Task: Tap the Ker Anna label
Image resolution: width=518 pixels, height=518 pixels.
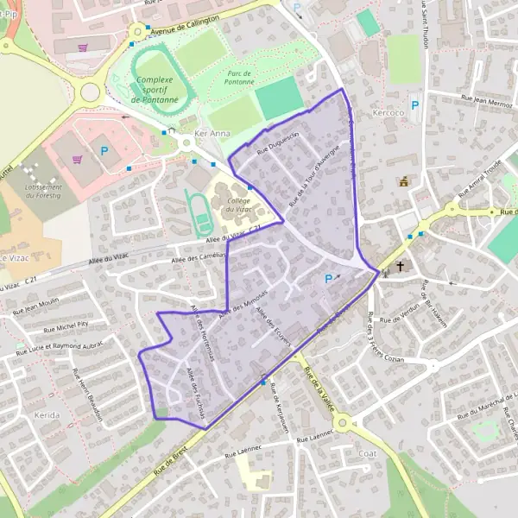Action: pos(212,134)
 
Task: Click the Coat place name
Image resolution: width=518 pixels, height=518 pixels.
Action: pos(366,452)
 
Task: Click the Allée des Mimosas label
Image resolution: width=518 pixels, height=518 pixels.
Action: pos(244,303)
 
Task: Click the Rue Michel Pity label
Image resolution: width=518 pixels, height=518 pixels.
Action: pos(66,326)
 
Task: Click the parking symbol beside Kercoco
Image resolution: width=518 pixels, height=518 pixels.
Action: pos(414,105)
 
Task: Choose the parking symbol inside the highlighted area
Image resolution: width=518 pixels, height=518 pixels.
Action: pos(328,278)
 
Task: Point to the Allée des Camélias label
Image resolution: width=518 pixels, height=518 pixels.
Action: pos(199,256)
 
